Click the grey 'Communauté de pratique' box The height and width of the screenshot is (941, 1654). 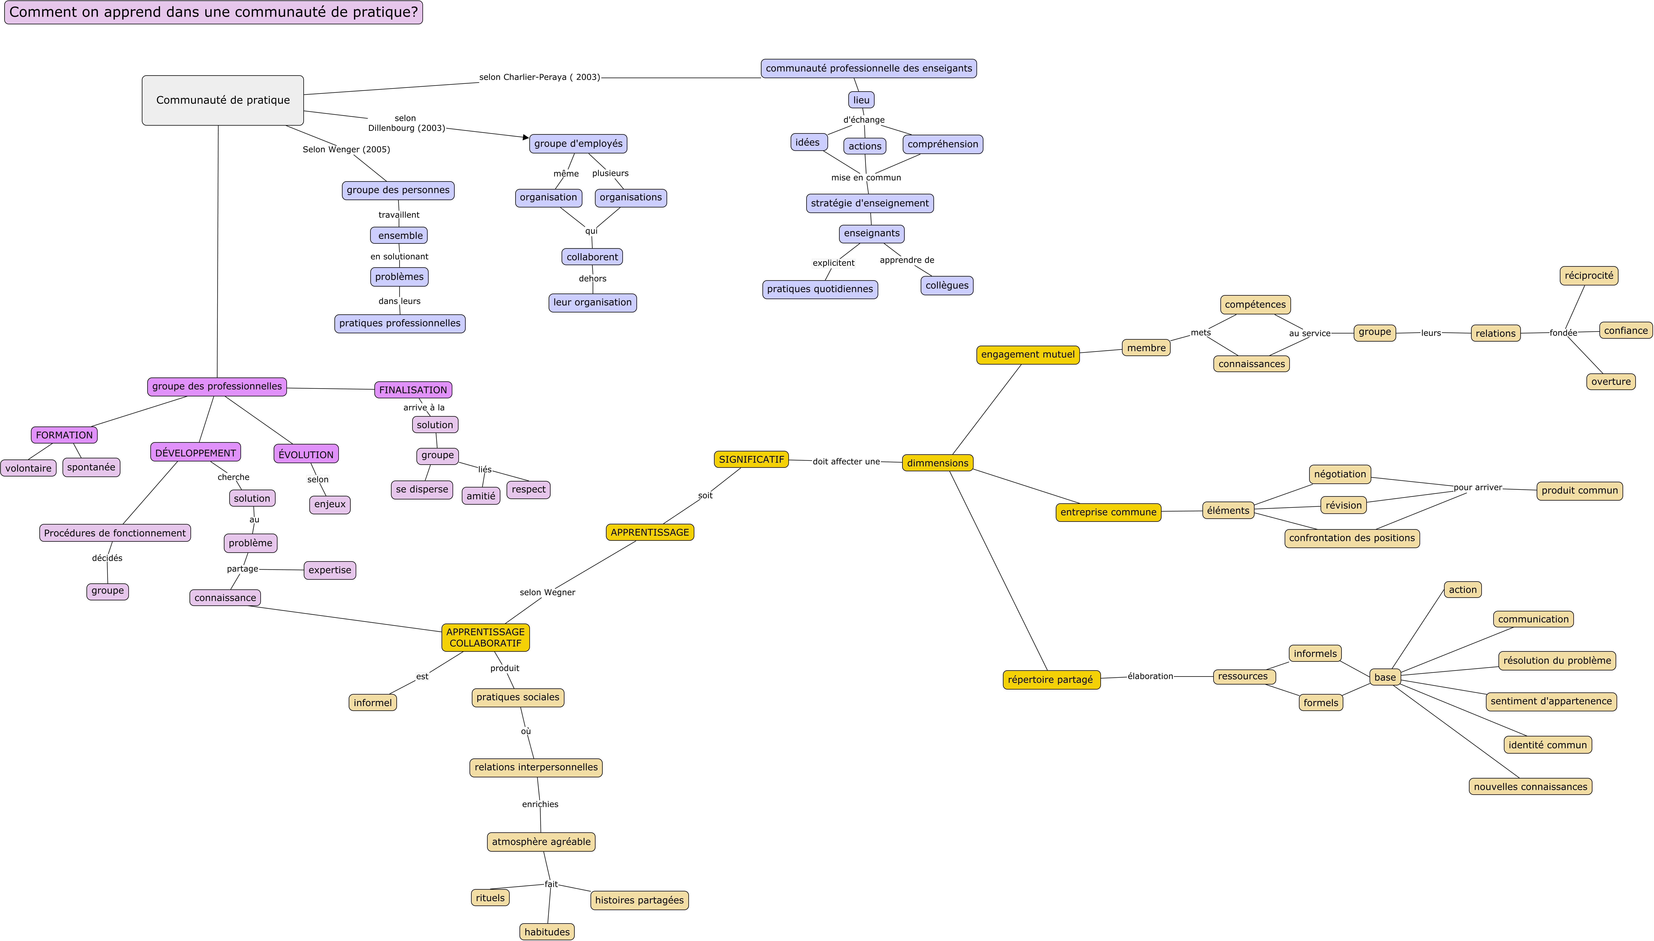pos(223,100)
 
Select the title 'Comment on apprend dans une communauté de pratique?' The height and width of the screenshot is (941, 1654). pos(214,12)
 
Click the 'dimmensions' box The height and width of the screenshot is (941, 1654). pos(937,463)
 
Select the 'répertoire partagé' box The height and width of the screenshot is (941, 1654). pos(1051,680)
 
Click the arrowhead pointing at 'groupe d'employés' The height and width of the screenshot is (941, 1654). pos(526,137)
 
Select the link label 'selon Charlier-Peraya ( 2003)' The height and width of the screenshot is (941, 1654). pos(540,77)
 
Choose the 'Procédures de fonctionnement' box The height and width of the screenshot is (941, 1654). pos(115,533)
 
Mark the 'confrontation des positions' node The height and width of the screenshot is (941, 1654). pos(1352,538)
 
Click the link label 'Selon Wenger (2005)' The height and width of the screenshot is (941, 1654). pos(346,149)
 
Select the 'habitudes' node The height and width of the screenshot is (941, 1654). pos(547,932)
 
